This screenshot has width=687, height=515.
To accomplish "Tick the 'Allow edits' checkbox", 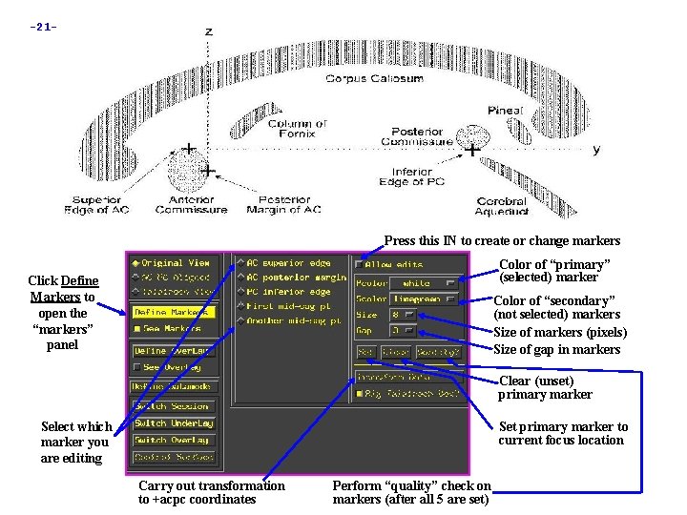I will coord(360,264).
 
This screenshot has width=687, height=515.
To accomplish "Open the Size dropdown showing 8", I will coord(402,314).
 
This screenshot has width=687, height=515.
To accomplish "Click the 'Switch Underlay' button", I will coord(174,423).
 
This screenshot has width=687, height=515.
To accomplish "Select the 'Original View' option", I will coord(173,263).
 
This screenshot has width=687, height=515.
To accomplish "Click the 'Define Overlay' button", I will coord(174,350).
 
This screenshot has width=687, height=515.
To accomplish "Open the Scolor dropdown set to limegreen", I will coord(423,299).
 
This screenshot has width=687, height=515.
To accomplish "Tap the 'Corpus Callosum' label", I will coord(374,79).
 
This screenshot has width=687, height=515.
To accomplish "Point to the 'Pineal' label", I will coord(505,111).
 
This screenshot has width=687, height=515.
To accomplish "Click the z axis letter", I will coord(208,32).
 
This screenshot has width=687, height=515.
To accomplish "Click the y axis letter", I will coord(596,150).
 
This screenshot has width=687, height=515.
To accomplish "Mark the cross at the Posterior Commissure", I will coord(472,150).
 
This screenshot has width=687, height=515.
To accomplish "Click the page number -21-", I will coord(43,26).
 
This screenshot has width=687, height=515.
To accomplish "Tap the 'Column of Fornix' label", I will coord(296,129).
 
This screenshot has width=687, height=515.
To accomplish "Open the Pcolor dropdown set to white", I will coord(423,283).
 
